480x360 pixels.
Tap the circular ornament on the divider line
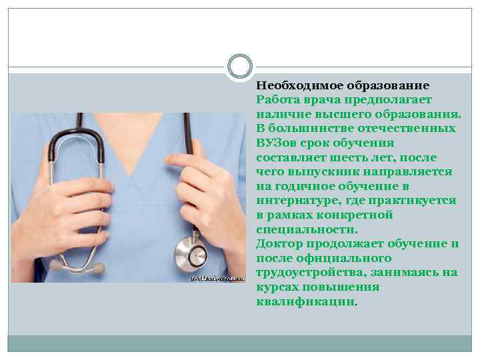tap(240, 66)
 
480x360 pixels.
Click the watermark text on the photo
tap(218, 277)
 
